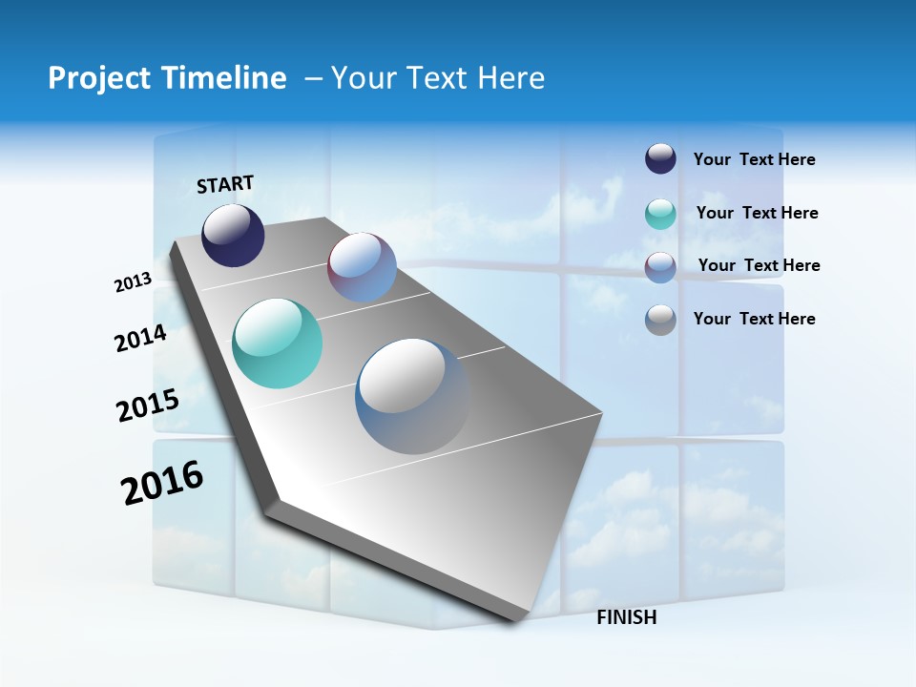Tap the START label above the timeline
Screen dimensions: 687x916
tap(225, 184)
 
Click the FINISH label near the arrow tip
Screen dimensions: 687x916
tap(626, 617)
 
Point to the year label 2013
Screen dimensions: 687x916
tap(133, 282)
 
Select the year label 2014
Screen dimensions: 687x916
tap(140, 339)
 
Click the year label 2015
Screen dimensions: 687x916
tap(147, 406)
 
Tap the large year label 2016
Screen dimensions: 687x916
tap(162, 483)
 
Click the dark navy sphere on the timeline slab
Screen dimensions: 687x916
tap(233, 236)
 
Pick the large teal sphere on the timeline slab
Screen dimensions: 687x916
tap(277, 343)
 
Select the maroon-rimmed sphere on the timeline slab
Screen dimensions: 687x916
tap(362, 267)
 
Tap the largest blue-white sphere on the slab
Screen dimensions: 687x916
tap(412, 396)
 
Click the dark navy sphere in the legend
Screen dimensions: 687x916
tap(660, 158)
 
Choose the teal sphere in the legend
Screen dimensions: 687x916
tap(660, 214)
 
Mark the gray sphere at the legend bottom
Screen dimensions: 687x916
tap(660, 320)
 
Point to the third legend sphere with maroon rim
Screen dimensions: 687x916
tap(660, 267)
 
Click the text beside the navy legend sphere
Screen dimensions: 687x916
tap(754, 160)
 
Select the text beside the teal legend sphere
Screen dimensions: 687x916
tap(757, 213)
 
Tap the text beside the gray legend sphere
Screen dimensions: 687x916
tap(754, 319)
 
